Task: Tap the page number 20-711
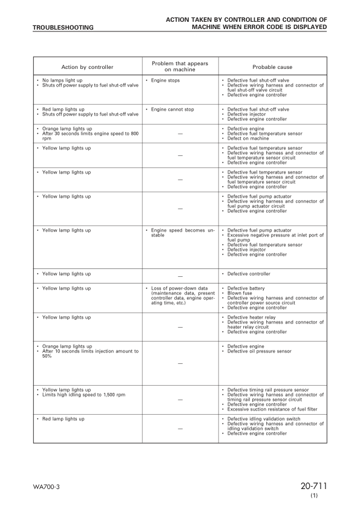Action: [x=313, y=487]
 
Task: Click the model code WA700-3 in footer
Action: [x=46, y=487]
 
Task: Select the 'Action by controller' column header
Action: [x=87, y=67]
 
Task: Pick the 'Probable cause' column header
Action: [x=272, y=67]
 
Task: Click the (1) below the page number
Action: [x=314, y=496]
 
